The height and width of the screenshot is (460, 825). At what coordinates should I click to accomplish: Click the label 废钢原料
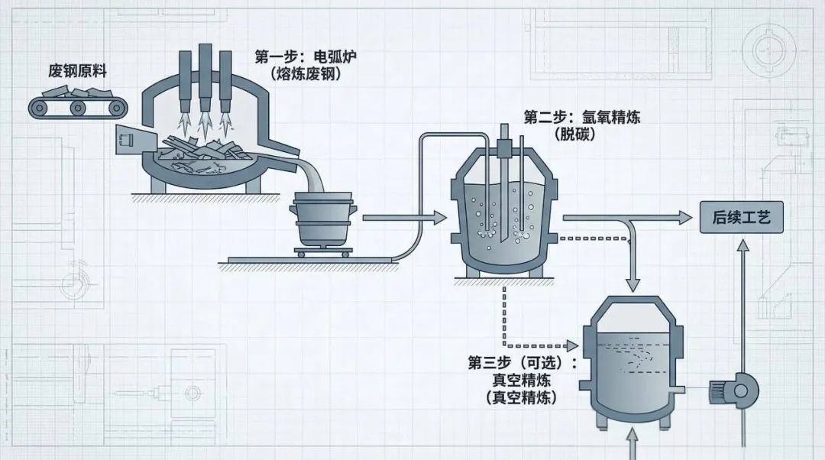tap(77, 72)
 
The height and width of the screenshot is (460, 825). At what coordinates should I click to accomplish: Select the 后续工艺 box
tap(741, 219)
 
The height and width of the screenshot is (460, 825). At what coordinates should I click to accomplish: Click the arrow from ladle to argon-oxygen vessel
tap(404, 219)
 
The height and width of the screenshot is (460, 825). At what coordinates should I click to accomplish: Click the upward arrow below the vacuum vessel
tap(632, 443)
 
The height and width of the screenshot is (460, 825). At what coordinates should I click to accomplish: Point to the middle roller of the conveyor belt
tap(77, 109)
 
